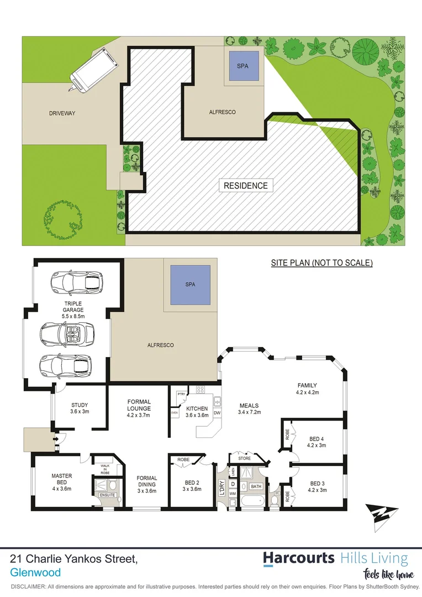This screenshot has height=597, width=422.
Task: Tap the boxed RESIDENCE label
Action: click(245, 186)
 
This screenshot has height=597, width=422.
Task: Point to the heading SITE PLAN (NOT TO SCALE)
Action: click(321, 263)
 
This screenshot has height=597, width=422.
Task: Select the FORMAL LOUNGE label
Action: click(139, 405)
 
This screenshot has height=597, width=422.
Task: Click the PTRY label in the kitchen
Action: click(181, 394)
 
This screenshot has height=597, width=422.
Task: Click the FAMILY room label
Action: click(307, 390)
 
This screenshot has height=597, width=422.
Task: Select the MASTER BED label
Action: click(62, 479)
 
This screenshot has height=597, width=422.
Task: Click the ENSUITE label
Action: click(107, 495)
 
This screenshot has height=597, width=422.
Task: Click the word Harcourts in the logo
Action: click(298, 558)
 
